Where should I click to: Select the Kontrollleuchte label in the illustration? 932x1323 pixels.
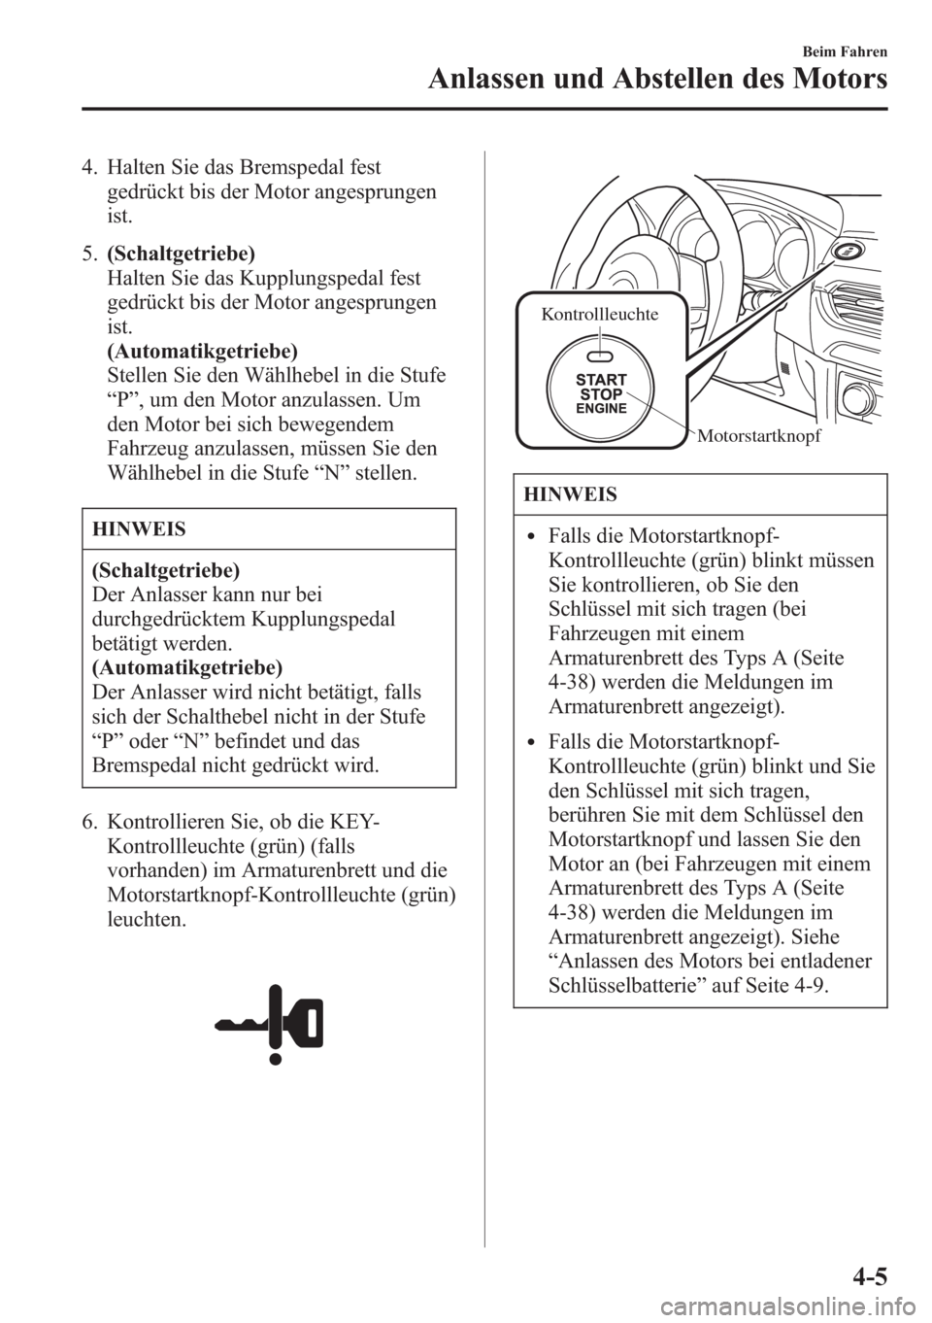tap(599, 314)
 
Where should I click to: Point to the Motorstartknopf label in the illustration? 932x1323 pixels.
tap(759, 436)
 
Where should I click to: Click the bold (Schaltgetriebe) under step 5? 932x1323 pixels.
tap(182, 254)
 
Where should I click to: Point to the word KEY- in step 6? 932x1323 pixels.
tap(359, 825)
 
